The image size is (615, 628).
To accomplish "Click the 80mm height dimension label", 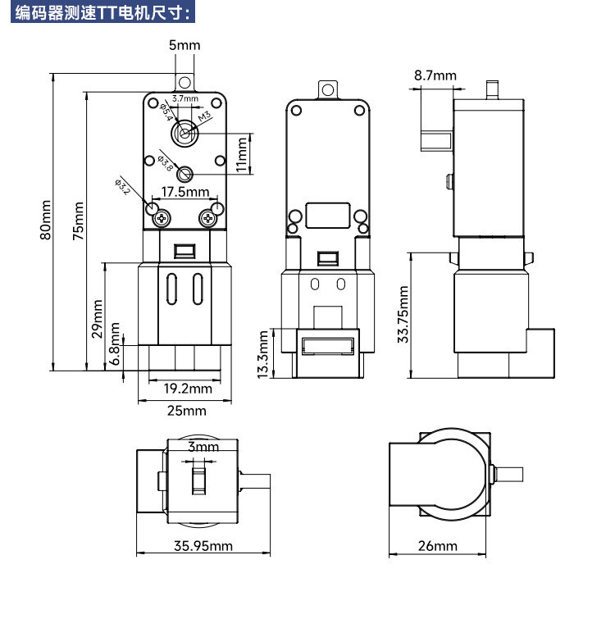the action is click(x=45, y=221).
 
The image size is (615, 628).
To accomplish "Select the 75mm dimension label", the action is click(x=78, y=221).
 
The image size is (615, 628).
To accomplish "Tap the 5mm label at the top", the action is click(x=184, y=45).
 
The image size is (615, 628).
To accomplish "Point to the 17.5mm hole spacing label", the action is click(x=185, y=192).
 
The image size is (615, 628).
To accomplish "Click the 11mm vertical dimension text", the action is click(x=241, y=155).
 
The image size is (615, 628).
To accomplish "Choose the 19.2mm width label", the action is click(x=188, y=389).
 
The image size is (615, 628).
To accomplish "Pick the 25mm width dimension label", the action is click(x=187, y=411).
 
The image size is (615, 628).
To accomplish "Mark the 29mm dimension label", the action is click(x=98, y=319).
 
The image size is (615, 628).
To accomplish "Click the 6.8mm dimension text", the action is click(x=115, y=344).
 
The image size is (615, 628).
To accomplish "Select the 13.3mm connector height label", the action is click(x=262, y=355).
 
